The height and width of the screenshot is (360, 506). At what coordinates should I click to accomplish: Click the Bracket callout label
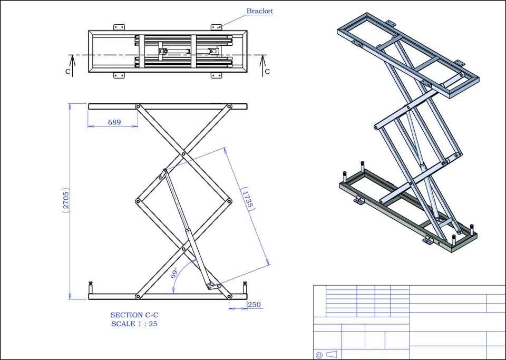click(260, 11)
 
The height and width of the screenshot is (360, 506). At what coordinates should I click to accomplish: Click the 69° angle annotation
click(174, 274)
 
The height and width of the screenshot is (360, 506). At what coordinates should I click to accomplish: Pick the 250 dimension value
click(254, 305)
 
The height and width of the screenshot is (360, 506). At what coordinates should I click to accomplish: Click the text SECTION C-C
click(134, 315)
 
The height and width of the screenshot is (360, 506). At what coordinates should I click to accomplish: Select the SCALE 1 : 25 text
click(134, 324)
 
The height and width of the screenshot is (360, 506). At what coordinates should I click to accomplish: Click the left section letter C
click(68, 72)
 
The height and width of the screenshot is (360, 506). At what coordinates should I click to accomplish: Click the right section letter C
click(267, 72)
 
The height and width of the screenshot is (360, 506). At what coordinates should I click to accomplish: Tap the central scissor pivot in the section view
click(183, 154)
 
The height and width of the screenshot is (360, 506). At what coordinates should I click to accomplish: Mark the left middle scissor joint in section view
click(138, 201)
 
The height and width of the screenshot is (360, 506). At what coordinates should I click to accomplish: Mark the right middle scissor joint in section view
click(230, 201)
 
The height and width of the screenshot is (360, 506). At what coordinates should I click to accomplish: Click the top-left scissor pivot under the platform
click(138, 106)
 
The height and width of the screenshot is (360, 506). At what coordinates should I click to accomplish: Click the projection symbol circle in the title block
click(318, 355)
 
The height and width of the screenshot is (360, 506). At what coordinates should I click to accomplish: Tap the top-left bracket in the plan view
click(119, 27)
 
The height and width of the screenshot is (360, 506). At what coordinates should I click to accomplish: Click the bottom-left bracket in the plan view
click(119, 76)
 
